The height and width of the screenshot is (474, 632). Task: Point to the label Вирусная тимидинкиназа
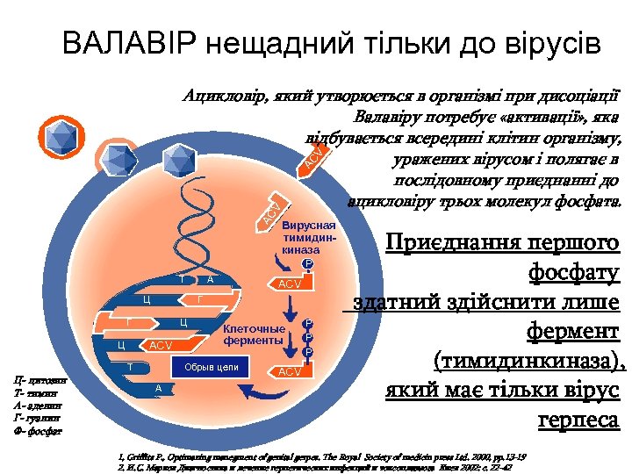[x=303, y=237]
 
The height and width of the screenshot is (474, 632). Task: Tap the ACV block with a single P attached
[x=291, y=284]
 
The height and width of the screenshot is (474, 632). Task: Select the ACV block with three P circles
[x=291, y=372]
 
